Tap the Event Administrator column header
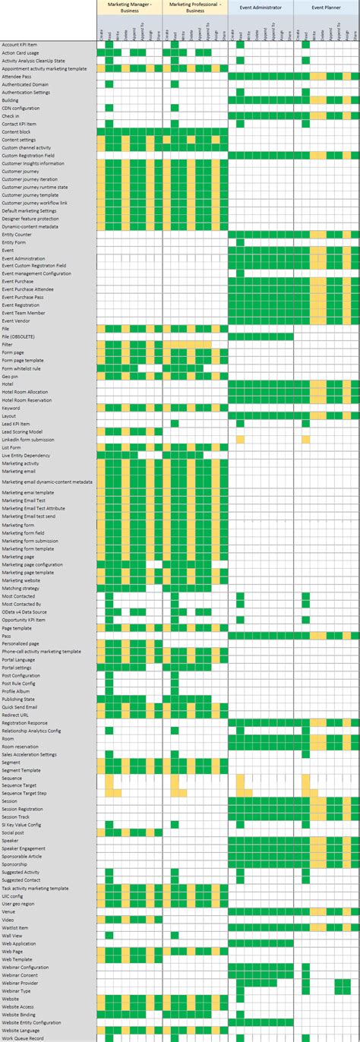click(261, 7)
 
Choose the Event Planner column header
click(327, 7)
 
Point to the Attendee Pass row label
click(17, 77)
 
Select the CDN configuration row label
click(21, 108)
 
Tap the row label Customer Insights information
click(33, 163)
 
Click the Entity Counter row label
click(17, 234)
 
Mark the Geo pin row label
click(11, 376)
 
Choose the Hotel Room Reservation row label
click(27, 399)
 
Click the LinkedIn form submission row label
click(29, 440)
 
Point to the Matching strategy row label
click(21, 588)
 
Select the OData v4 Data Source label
click(24, 611)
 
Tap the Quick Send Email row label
click(21, 706)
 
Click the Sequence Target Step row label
click(24, 793)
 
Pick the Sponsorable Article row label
click(23, 856)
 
